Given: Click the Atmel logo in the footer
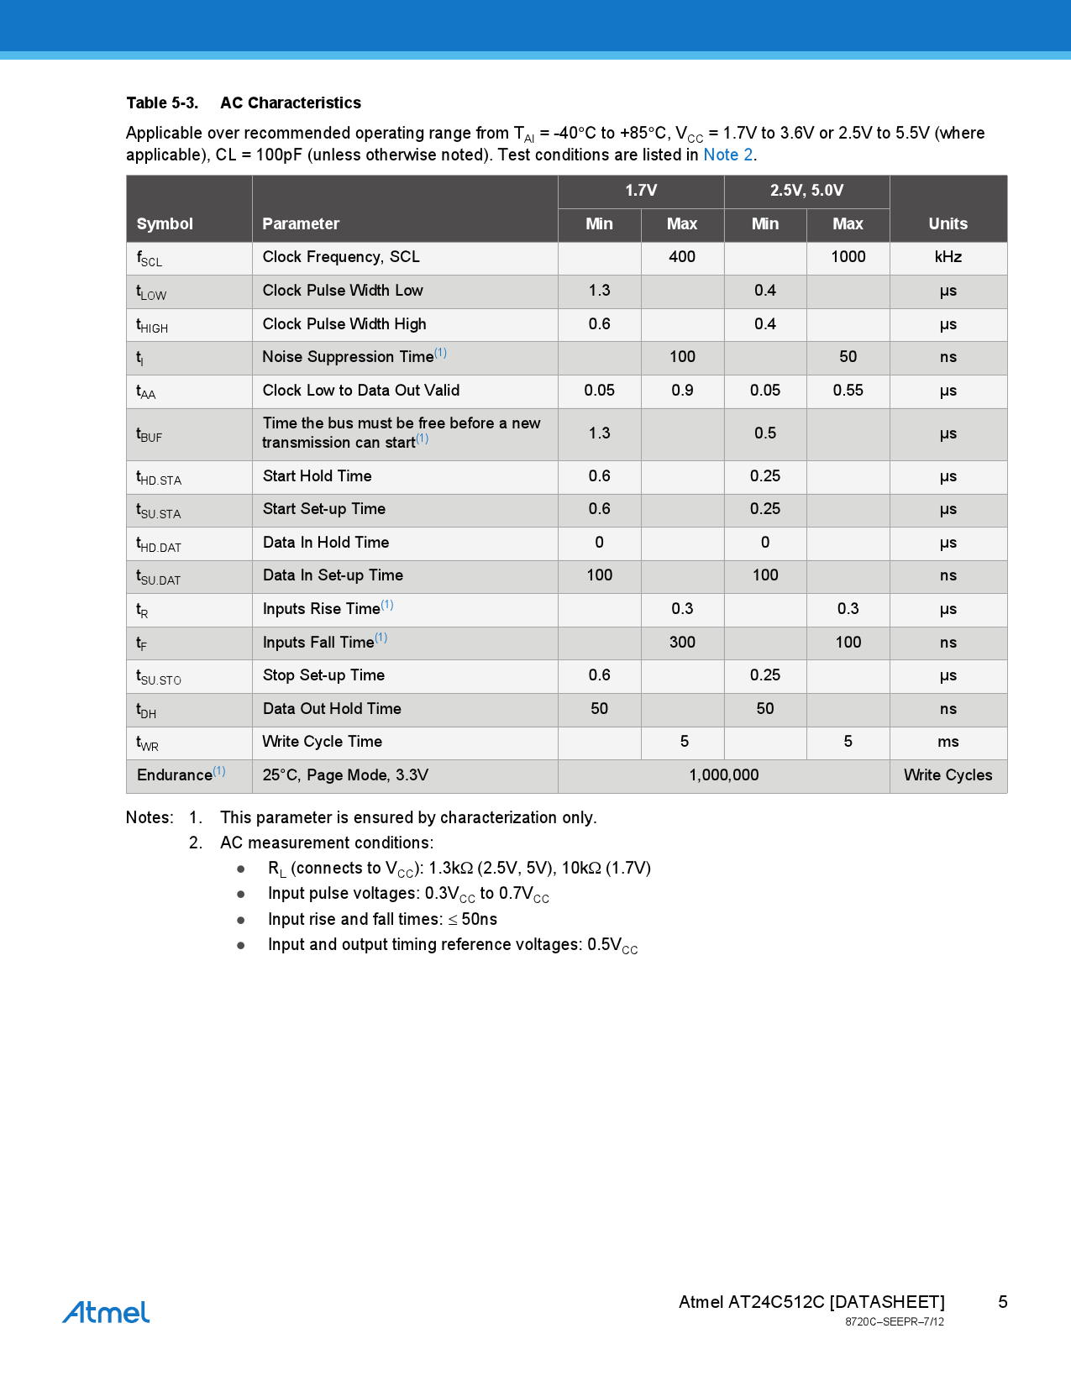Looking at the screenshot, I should [x=106, y=1312].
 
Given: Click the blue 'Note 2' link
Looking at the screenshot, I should [x=727, y=155].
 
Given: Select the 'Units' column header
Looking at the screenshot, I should [x=948, y=223].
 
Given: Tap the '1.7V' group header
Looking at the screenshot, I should [x=641, y=191].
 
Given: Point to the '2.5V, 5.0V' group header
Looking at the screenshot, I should [x=806, y=191].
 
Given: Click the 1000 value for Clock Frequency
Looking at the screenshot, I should [x=848, y=257].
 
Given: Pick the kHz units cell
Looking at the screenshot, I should [x=948, y=257].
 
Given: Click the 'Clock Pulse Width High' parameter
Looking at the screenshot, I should [x=344, y=324].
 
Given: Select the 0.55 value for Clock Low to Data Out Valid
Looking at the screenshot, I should [x=848, y=391].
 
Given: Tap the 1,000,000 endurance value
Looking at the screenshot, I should [x=723, y=775].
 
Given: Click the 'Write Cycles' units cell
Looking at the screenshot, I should [x=948, y=775].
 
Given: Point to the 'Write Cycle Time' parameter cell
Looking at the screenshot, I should [x=322, y=742].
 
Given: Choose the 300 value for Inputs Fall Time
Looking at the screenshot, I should [x=682, y=643].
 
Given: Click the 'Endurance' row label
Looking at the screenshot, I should [x=175, y=775].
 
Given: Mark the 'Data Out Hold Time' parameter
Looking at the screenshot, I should [x=332, y=709].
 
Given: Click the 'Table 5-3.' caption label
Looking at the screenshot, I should [x=162, y=103].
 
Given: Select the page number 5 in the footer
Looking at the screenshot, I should [x=1002, y=1302].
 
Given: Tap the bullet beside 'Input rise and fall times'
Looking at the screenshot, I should [x=241, y=920].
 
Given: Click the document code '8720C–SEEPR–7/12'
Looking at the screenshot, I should [x=894, y=1322].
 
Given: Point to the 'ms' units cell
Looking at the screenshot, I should [x=948, y=742].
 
